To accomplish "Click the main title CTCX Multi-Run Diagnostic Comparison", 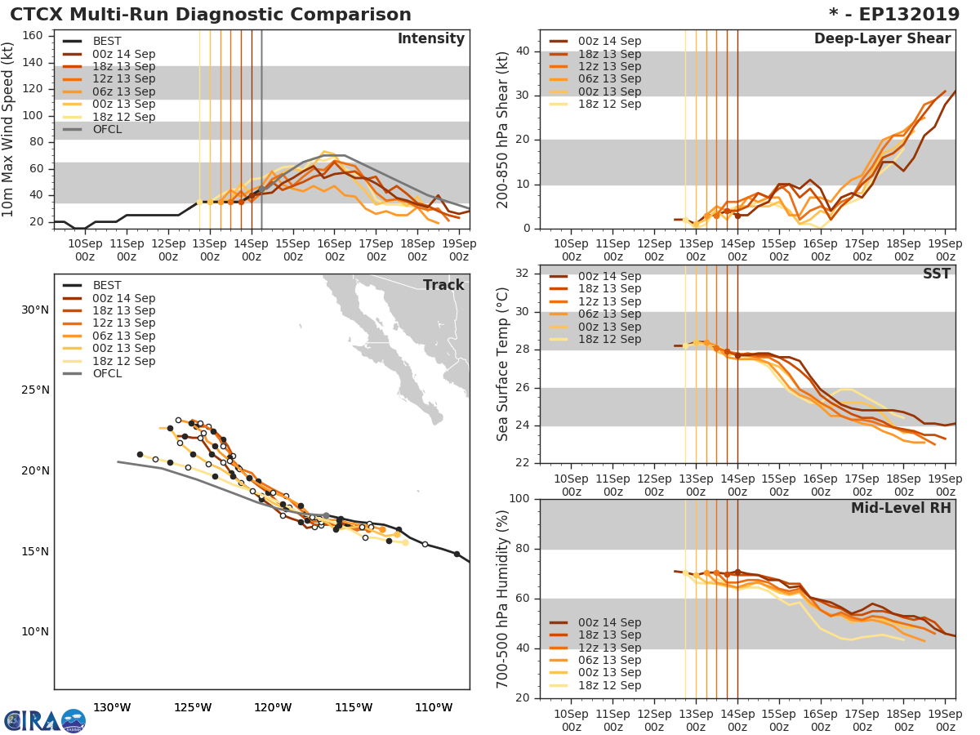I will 211,15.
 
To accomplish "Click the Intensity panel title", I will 430,39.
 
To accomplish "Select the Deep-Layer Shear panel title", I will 882,39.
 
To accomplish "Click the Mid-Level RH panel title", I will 901,508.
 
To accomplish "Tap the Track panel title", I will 443,285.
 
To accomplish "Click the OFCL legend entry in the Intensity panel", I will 106,130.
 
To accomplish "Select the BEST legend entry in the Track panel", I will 106,286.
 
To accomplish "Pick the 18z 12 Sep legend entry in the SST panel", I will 609,340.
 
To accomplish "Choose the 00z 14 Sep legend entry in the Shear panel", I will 609,42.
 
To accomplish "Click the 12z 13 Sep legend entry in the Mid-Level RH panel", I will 609,648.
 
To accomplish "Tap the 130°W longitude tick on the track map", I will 113,707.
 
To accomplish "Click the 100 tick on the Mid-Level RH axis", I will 519,499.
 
